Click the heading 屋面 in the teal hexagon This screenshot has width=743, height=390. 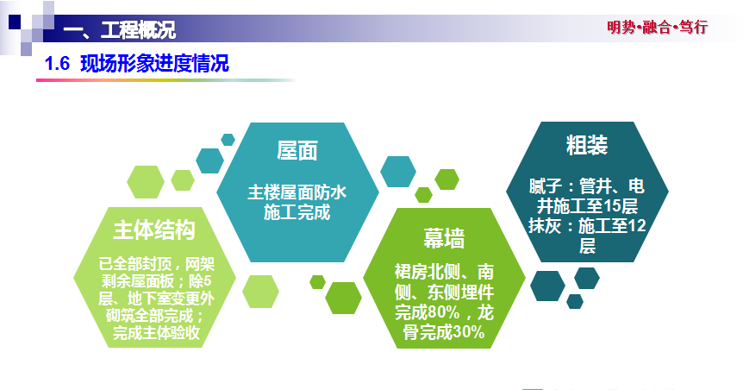297,150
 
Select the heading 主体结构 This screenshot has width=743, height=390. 154,230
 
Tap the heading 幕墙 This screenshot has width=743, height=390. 444,238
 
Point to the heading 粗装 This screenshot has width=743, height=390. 587,145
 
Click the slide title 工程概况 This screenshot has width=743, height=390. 138,30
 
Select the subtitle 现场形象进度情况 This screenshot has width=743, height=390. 154,64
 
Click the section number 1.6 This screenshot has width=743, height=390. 58,64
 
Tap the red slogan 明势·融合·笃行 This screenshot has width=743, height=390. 657,27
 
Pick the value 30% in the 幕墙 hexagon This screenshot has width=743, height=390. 468,332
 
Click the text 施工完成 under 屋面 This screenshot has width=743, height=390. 297,212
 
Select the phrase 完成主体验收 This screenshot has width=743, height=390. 156,332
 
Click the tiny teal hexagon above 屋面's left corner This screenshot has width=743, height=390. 228,140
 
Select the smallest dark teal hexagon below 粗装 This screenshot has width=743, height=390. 575,301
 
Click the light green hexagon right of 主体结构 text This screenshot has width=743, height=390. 260,292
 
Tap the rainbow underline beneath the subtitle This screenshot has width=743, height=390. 166,80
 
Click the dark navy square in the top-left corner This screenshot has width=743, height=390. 15,22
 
